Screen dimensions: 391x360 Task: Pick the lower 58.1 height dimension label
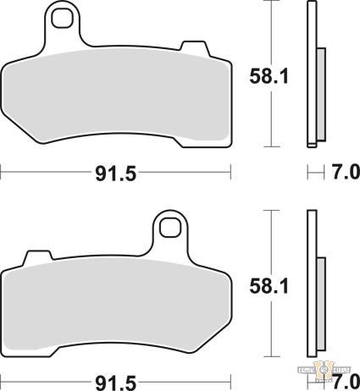point(270,286)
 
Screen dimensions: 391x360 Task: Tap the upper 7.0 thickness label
point(343,173)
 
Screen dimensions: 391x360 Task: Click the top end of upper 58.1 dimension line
point(270,3)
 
